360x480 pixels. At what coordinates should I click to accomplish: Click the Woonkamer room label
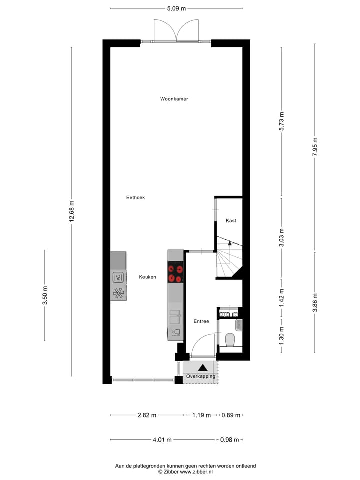click(x=174, y=99)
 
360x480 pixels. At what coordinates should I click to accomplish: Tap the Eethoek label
click(x=135, y=198)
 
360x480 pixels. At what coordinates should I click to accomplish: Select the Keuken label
click(x=147, y=277)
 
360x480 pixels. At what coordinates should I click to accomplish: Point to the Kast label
click(x=231, y=220)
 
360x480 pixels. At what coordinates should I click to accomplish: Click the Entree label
click(x=201, y=321)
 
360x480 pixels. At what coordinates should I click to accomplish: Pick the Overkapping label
click(x=201, y=376)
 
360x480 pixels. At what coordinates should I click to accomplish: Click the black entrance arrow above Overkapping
click(x=203, y=367)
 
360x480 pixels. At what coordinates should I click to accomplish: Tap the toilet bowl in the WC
click(x=230, y=340)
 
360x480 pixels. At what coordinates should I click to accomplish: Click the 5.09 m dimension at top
click(x=176, y=8)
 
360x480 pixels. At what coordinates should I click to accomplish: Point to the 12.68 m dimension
click(x=71, y=212)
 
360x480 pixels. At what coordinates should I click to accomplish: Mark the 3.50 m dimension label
click(x=45, y=295)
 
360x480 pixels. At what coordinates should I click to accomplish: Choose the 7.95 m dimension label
click(x=315, y=147)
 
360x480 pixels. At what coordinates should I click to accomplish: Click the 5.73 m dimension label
click(x=281, y=122)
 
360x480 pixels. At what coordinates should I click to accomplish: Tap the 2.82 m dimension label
click(x=147, y=415)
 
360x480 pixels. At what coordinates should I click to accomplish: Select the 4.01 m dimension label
click(x=162, y=440)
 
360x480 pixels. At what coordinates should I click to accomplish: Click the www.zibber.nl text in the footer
click(x=196, y=471)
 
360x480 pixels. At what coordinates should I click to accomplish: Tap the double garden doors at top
click(x=176, y=31)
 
